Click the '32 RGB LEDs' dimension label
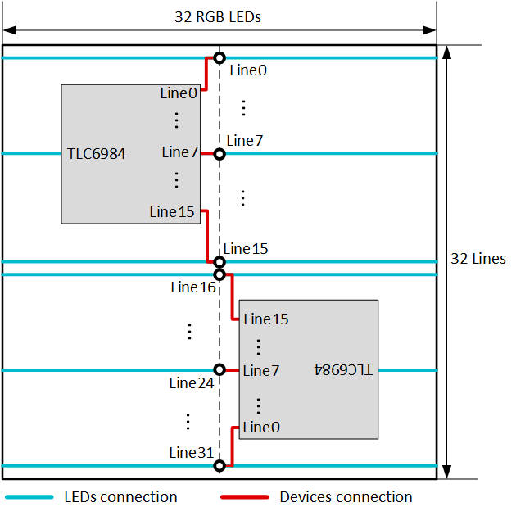click(218, 16)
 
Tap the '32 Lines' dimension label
click(478, 259)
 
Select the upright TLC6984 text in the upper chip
click(97, 153)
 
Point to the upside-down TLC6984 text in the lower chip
click(343, 370)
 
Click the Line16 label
click(193, 287)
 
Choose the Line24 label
click(193, 383)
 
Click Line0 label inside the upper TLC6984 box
click(179, 93)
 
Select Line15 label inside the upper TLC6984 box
click(172, 212)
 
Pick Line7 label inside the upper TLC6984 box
click(179, 152)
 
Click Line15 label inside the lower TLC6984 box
click(266, 319)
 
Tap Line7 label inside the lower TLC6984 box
click(261, 371)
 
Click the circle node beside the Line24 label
click(219, 370)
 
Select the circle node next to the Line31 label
click(219, 466)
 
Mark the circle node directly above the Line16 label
click(219, 274)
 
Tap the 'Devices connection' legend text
click(346, 497)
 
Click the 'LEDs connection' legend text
click(120, 497)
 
